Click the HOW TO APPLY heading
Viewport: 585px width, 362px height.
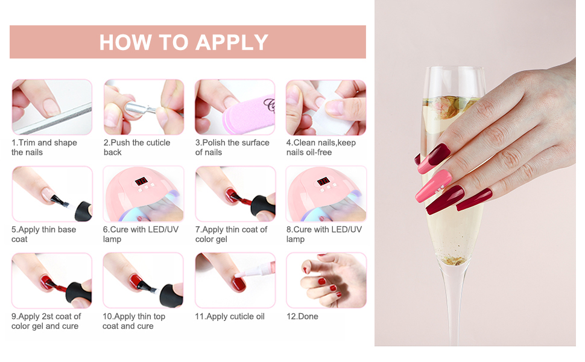pyautogui.click(x=184, y=42)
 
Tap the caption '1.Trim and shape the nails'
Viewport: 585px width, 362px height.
pyautogui.click(x=44, y=147)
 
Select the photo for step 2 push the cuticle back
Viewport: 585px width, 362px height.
pyautogui.click(x=144, y=107)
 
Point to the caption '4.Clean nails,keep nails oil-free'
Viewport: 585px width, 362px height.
pyautogui.click(x=321, y=147)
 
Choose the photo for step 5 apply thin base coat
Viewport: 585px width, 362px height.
pyautogui.click(x=52, y=194)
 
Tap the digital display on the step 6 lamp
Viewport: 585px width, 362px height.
pyautogui.click(x=141, y=181)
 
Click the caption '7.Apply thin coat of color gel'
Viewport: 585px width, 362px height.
pyautogui.click(x=231, y=234)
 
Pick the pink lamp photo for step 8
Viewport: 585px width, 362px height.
pyautogui.click(x=326, y=194)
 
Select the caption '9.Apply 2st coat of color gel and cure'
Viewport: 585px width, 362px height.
pyautogui.click(x=46, y=321)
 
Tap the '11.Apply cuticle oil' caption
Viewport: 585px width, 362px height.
pyautogui.click(x=230, y=316)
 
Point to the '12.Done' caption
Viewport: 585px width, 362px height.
pyautogui.click(x=302, y=316)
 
